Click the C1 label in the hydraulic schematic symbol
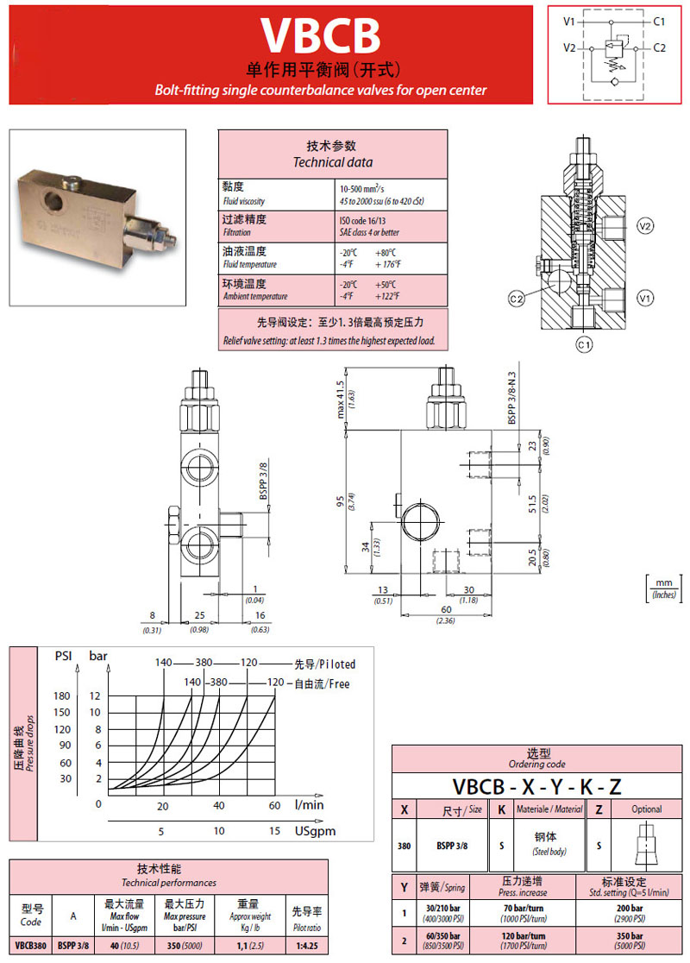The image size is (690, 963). pos(658,20)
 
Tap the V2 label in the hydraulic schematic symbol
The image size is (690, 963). pos(569,47)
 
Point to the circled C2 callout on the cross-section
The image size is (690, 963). pos(517,299)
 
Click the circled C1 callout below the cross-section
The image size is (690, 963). pos(585,346)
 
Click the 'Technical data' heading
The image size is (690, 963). pos(332,162)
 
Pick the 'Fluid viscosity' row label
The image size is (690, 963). pos(244,201)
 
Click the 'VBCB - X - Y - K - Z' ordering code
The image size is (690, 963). pos(537,786)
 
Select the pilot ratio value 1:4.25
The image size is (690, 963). pos(306,945)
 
